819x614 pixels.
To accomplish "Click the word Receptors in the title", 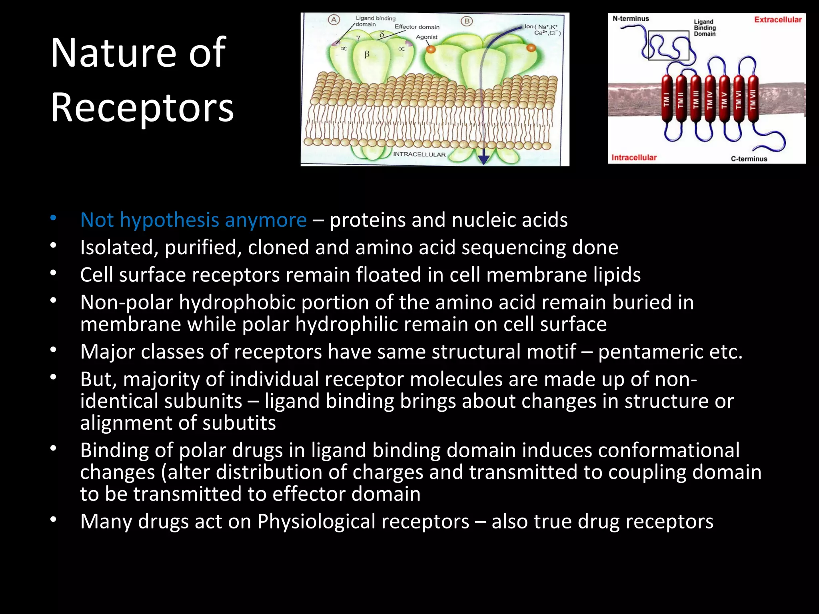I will [142, 108].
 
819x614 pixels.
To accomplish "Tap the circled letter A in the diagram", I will [334, 20].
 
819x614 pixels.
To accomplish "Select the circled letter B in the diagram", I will [466, 21].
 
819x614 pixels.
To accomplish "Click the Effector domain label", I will [417, 27].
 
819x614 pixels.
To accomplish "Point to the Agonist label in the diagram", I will [427, 37].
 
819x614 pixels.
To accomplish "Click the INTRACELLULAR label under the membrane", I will [419, 154].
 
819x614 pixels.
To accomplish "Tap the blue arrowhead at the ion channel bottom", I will [484, 159].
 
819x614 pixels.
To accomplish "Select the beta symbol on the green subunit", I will [367, 54].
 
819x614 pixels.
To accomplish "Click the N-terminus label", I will [631, 18].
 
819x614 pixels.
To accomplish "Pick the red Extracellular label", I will [778, 20].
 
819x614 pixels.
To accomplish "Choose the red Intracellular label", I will [634, 157].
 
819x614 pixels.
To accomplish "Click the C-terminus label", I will [749, 159].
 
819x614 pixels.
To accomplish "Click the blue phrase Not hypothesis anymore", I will [194, 220].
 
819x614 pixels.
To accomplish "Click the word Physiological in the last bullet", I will [363, 521].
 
